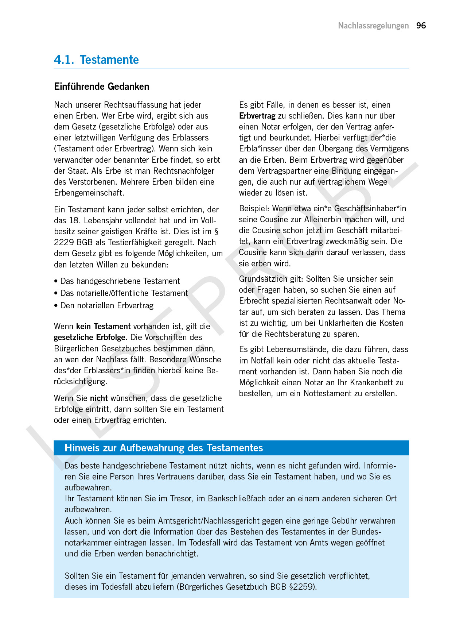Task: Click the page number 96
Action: pyautogui.click(x=421, y=26)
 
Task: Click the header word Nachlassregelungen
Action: pyautogui.click(x=373, y=26)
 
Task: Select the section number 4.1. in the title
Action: pyautogui.click(x=64, y=60)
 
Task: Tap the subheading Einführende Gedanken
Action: pyautogui.click(x=101, y=86)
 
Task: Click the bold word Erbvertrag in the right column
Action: pyautogui.click(x=257, y=116)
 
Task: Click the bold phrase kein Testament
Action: pyautogui.click(x=103, y=326)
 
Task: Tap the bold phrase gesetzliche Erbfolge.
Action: pyautogui.click(x=90, y=338)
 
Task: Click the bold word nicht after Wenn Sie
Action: pyautogui.click(x=99, y=398)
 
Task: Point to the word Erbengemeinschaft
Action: pyautogui.click(x=89, y=193)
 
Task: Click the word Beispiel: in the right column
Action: pyautogui.click(x=254, y=208)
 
